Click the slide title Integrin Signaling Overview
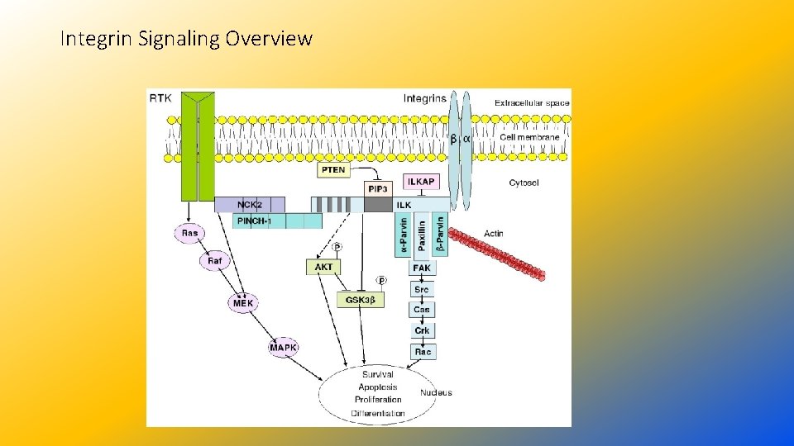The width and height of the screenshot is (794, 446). (187, 38)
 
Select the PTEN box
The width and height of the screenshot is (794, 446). (333, 170)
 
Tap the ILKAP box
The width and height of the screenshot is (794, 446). (421, 182)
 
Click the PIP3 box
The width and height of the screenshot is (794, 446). (377, 189)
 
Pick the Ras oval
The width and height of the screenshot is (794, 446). (190, 233)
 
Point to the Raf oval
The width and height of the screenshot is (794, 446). (214, 261)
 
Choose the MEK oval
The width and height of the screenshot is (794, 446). (242, 303)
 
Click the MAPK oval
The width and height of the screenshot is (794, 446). (283, 348)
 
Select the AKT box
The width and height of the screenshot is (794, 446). (324, 267)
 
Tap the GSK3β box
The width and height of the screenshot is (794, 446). (361, 301)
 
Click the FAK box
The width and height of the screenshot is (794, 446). (422, 268)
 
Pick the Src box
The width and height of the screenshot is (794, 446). (422, 289)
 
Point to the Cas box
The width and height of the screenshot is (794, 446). (422, 310)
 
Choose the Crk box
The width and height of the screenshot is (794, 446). (422, 330)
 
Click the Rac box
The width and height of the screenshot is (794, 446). (422, 352)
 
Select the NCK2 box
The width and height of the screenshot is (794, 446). (249, 204)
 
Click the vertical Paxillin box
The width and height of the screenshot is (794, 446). (422, 235)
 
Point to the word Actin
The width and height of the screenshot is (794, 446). (493, 234)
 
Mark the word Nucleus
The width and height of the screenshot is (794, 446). (436, 392)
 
